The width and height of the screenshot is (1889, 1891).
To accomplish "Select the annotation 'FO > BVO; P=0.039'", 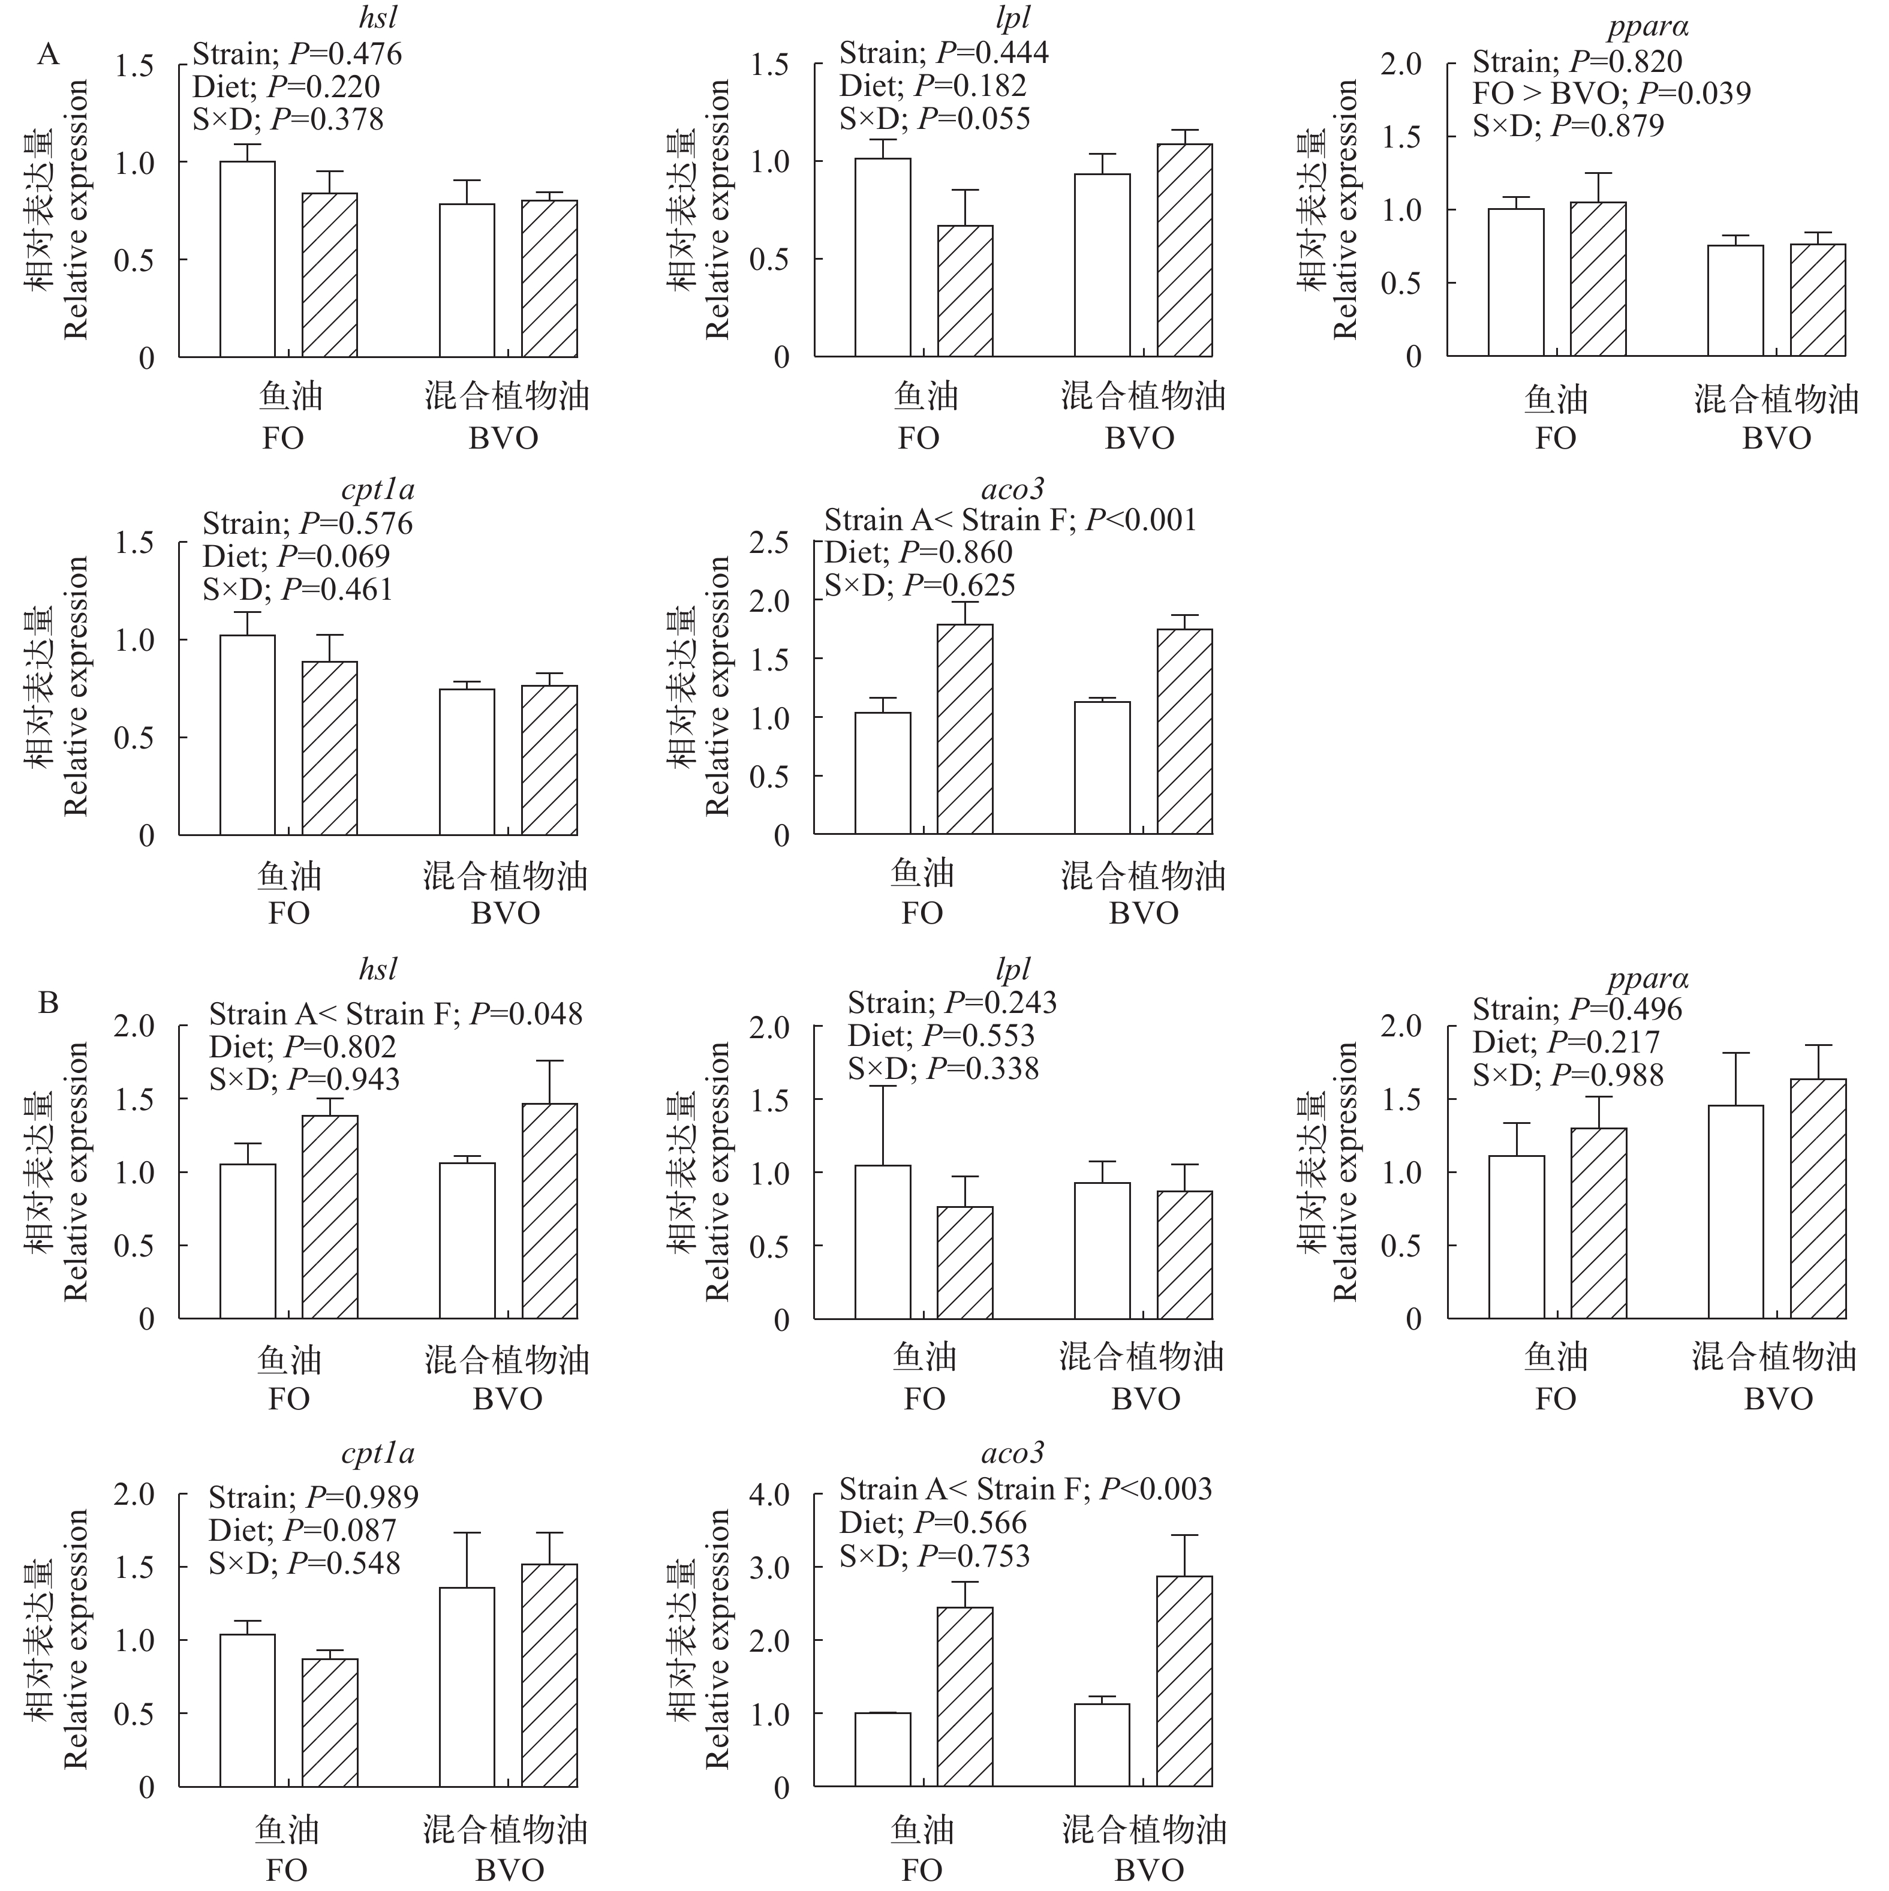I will tap(1611, 94).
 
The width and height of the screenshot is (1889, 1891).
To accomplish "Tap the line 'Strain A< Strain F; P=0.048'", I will tap(395, 1014).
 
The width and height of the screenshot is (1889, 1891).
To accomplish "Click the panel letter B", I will tap(48, 1003).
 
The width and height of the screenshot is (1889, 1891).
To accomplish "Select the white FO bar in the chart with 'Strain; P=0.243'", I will tap(883, 1242).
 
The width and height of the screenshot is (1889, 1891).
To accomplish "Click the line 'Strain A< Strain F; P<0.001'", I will tap(1010, 520).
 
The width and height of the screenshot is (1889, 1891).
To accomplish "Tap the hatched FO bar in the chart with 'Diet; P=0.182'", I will tap(965, 291).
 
